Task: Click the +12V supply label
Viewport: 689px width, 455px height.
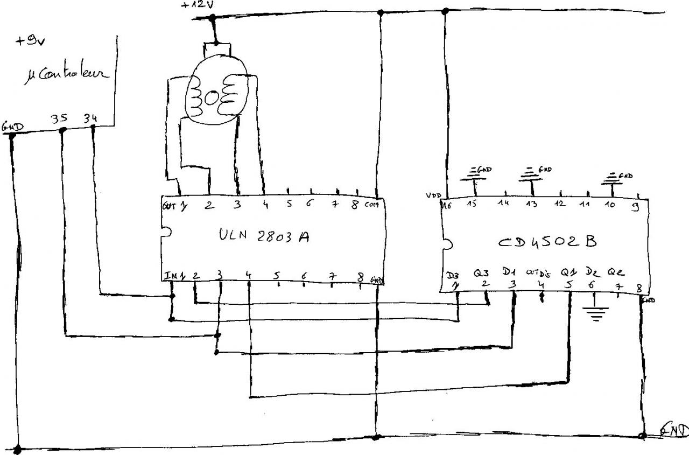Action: click(197, 6)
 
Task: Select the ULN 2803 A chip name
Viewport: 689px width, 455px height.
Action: click(264, 236)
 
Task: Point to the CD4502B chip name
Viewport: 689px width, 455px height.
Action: click(547, 242)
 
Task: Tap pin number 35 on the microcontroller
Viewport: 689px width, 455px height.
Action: click(59, 118)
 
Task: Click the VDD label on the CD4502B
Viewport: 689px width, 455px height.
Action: click(433, 195)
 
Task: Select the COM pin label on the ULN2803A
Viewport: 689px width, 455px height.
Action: click(371, 205)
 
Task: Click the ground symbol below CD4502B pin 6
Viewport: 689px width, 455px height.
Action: click(595, 312)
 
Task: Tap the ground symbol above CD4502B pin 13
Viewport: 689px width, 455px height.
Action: click(532, 173)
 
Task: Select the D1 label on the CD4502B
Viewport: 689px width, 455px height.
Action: click(510, 272)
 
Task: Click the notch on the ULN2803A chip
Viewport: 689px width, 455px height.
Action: click(164, 232)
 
